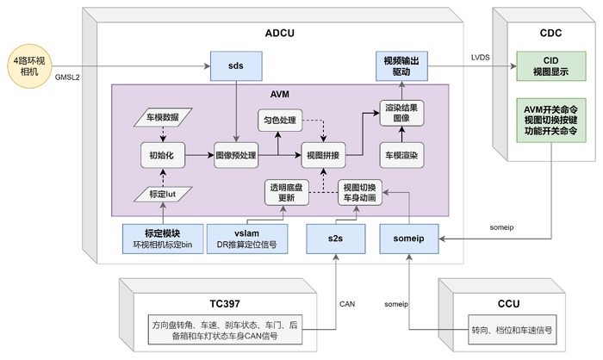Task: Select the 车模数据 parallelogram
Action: (x=163, y=116)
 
